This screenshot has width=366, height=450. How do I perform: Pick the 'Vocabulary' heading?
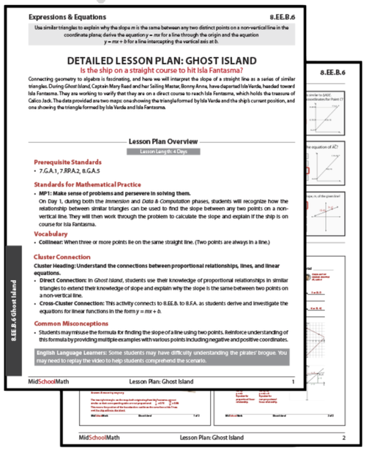(51, 233)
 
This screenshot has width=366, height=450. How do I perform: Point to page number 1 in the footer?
(293, 382)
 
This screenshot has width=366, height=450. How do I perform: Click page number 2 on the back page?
(343, 439)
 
